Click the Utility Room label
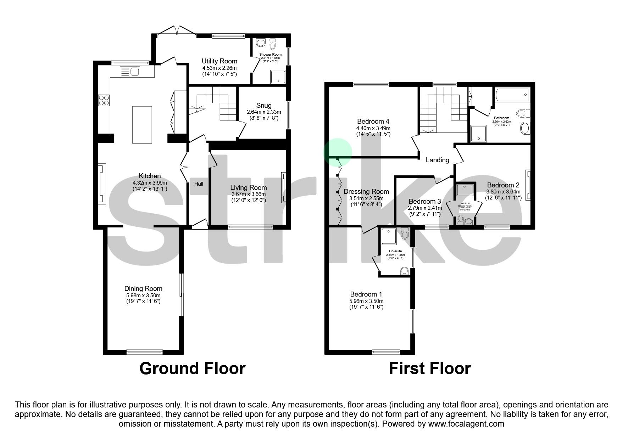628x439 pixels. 219,61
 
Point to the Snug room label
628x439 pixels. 264,105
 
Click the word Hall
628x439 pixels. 199,184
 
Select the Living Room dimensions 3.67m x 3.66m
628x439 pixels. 248,194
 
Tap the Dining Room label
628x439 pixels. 143,289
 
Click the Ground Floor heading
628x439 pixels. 192,368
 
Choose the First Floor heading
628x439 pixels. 429,368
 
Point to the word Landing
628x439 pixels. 437,160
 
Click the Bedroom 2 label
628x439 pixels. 503,185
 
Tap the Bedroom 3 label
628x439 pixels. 424,202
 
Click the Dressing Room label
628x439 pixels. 366,192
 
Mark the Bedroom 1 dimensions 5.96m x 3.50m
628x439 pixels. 366,300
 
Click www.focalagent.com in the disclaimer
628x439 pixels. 466,424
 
